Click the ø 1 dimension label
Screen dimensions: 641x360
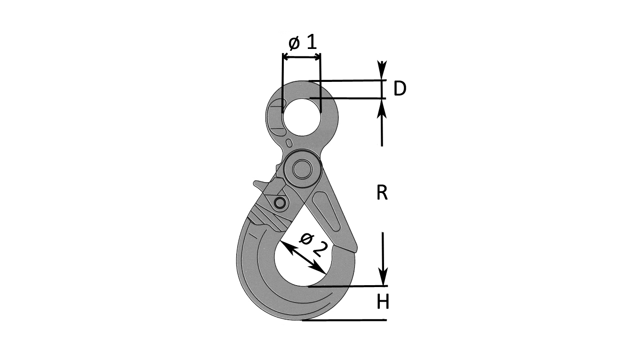(x=303, y=43)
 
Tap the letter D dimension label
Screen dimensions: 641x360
(x=400, y=89)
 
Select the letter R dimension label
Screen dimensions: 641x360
(x=382, y=192)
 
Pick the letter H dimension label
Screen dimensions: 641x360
(x=383, y=302)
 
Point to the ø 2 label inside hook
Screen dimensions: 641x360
(x=313, y=246)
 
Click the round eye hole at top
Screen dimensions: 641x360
(x=302, y=117)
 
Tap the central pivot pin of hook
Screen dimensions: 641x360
(x=302, y=169)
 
